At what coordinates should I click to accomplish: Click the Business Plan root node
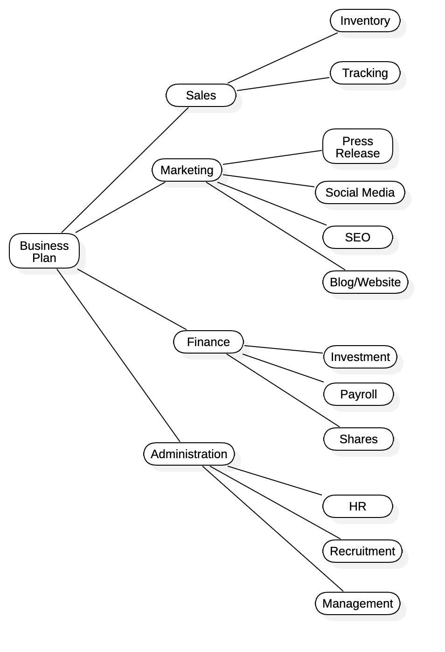(x=44, y=251)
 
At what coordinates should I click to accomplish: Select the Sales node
(x=201, y=95)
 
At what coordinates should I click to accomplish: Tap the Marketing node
(x=187, y=170)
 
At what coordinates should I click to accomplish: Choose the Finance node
(x=208, y=342)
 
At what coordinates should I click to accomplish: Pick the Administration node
(x=189, y=454)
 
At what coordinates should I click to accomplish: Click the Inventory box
(x=365, y=21)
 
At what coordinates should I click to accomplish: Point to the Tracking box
(x=365, y=73)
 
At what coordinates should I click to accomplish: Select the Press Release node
(x=357, y=147)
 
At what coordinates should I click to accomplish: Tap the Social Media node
(x=360, y=192)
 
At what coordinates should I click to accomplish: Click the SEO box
(x=357, y=237)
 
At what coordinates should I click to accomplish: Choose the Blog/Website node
(x=365, y=282)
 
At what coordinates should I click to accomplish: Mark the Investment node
(x=360, y=357)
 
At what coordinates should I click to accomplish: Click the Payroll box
(x=358, y=394)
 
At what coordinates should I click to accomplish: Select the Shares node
(x=358, y=439)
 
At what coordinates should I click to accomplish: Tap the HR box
(x=357, y=506)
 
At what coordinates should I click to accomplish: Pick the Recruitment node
(x=362, y=551)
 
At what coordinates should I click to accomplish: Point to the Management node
(x=357, y=603)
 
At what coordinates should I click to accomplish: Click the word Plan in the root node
(x=44, y=258)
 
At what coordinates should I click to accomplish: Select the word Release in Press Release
(x=357, y=153)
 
